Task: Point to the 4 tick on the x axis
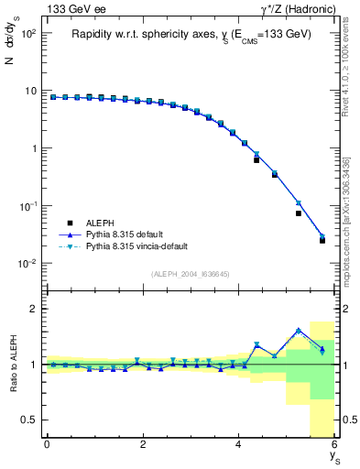[239, 444]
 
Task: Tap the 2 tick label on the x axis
[143, 444]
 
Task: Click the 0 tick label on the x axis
[47, 444]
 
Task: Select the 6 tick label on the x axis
[335, 444]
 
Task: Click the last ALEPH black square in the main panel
[322, 240]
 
